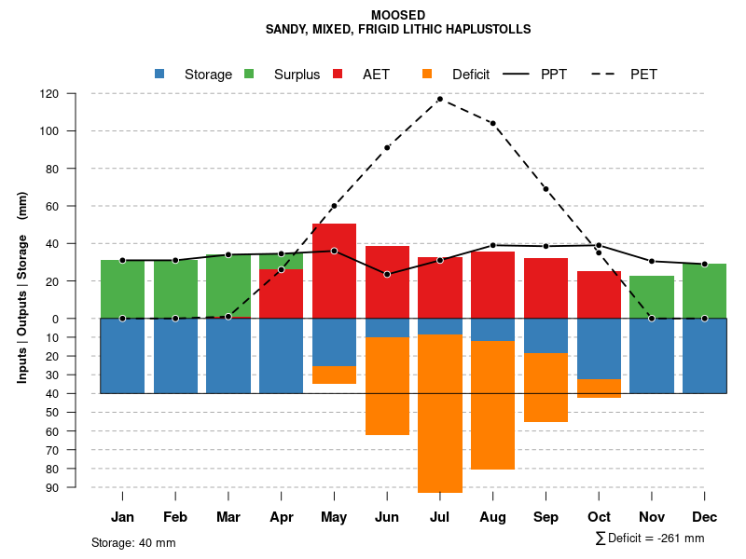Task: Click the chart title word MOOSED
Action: click(398, 15)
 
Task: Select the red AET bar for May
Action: click(334, 270)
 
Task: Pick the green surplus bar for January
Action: click(122, 289)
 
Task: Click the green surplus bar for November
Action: click(652, 296)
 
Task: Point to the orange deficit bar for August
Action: click(492, 405)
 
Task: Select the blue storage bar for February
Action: click(175, 355)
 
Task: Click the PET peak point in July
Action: click(440, 99)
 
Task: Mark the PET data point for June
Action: click(387, 147)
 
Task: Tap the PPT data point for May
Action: click(334, 251)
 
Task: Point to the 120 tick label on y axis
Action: click(75, 94)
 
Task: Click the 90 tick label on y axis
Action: click(77, 487)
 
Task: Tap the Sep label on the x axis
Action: click(546, 517)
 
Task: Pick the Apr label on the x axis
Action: click(282, 517)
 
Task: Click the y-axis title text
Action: click(22, 288)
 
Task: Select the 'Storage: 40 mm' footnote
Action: click(133, 542)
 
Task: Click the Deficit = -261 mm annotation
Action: click(650, 539)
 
